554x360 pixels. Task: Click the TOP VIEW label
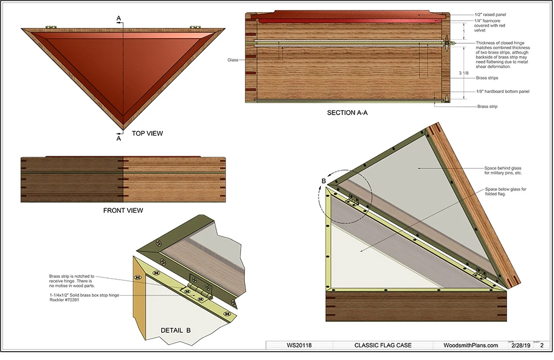coord(147,133)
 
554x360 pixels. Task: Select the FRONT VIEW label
coord(123,210)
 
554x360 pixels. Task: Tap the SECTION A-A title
coord(347,113)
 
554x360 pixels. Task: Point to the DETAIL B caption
coord(176,330)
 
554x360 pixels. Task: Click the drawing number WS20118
coord(299,345)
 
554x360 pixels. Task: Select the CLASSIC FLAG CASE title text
coord(383,345)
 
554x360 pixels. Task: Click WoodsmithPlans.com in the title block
coord(471,345)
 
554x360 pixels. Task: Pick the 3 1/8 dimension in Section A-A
coord(465,73)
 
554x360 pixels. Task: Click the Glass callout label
coord(233,60)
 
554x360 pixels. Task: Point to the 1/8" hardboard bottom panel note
coord(503,91)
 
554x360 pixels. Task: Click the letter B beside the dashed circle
coord(324,181)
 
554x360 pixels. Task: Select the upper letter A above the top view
coord(119,19)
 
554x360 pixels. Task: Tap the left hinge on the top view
coord(51,26)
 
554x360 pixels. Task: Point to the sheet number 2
coord(541,345)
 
